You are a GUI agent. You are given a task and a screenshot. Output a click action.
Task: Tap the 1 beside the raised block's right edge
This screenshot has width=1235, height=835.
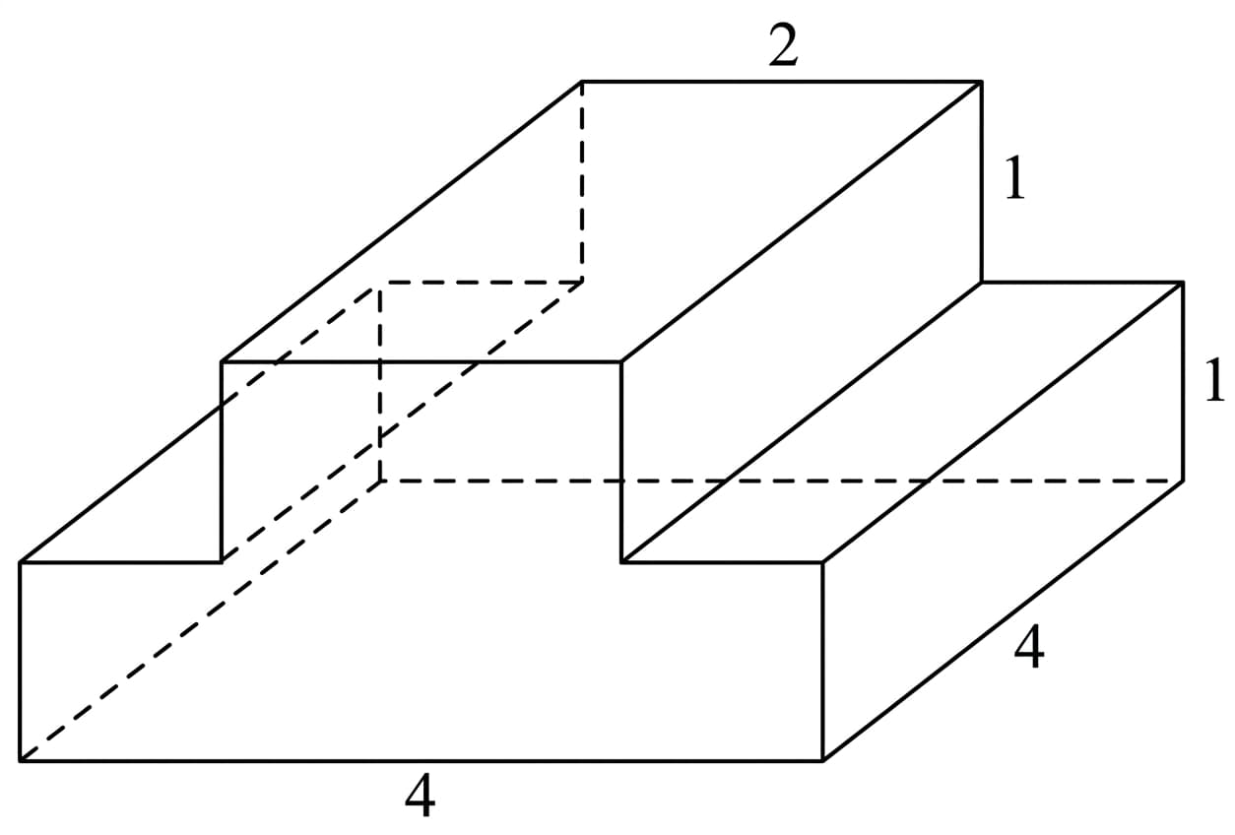coord(1015,177)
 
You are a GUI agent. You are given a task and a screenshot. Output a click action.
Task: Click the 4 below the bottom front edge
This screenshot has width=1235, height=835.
coord(421,795)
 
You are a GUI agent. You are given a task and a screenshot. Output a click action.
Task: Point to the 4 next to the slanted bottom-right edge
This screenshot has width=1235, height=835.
coord(1029,646)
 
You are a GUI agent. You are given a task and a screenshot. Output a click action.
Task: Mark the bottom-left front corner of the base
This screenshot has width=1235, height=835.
coord(21,760)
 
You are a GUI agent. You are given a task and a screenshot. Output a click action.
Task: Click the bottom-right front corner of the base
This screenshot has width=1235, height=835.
coord(822,760)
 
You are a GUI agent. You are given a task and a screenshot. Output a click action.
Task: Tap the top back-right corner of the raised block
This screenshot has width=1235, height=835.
coord(981,82)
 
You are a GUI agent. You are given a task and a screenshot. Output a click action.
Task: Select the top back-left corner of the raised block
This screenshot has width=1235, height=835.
coord(582,82)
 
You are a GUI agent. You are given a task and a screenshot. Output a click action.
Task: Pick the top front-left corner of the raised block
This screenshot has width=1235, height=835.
coord(221,362)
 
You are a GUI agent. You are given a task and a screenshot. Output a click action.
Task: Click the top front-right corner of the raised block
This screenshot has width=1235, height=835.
coord(621,362)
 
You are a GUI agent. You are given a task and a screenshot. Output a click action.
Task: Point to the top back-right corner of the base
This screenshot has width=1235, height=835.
coord(1183,283)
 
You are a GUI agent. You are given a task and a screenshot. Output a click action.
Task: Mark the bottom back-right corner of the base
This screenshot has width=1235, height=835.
coord(1183,482)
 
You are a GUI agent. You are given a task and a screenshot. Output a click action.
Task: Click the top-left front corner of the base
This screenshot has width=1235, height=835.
coord(21,562)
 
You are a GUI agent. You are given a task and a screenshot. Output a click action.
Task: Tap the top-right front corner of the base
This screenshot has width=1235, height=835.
coord(822,562)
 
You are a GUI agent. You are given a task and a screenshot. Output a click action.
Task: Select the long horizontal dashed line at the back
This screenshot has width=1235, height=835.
coord(782,482)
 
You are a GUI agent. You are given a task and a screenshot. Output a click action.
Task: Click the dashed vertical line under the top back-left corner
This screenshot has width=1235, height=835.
coord(582,182)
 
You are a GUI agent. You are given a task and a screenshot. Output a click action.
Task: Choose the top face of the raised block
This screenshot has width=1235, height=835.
coord(602,222)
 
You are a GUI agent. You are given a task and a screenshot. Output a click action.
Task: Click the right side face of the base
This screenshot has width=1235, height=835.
coord(1003,522)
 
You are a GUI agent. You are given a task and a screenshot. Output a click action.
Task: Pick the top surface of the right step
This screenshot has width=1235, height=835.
coord(902,422)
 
